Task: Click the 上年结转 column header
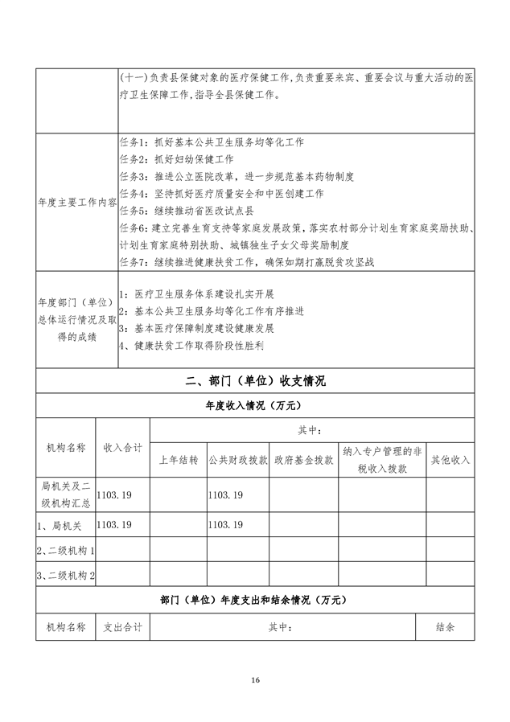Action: click(179, 461)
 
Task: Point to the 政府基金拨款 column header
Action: click(303, 461)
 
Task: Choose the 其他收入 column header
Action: click(450, 461)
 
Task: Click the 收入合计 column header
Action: click(123, 447)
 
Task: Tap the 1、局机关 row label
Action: click(60, 524)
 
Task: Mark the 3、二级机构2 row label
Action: click(66, 576)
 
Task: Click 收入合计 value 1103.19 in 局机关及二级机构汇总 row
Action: click(113, 496)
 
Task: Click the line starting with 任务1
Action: click(211, 142)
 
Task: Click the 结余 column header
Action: click(445, 626)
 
